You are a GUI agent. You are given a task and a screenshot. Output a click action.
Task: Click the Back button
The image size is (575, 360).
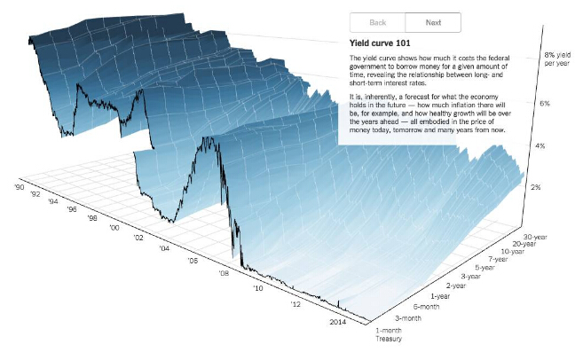(377, 23)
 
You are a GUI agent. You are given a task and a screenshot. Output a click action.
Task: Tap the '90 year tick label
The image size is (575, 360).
(19, 187)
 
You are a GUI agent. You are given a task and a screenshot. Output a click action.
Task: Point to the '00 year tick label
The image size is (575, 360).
(114, 227)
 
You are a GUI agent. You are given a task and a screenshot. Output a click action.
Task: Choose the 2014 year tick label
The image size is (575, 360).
(337, 323)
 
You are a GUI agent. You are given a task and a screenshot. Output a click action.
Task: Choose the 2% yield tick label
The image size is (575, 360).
(536, 188)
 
